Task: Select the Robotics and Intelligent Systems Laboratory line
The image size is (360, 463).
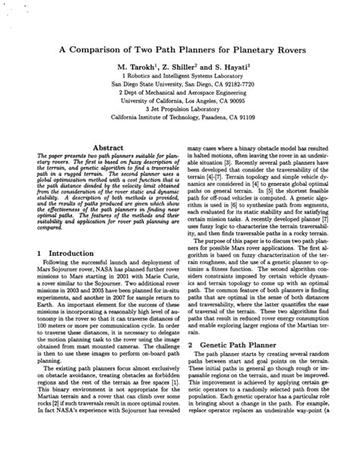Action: [x=180, y=77]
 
